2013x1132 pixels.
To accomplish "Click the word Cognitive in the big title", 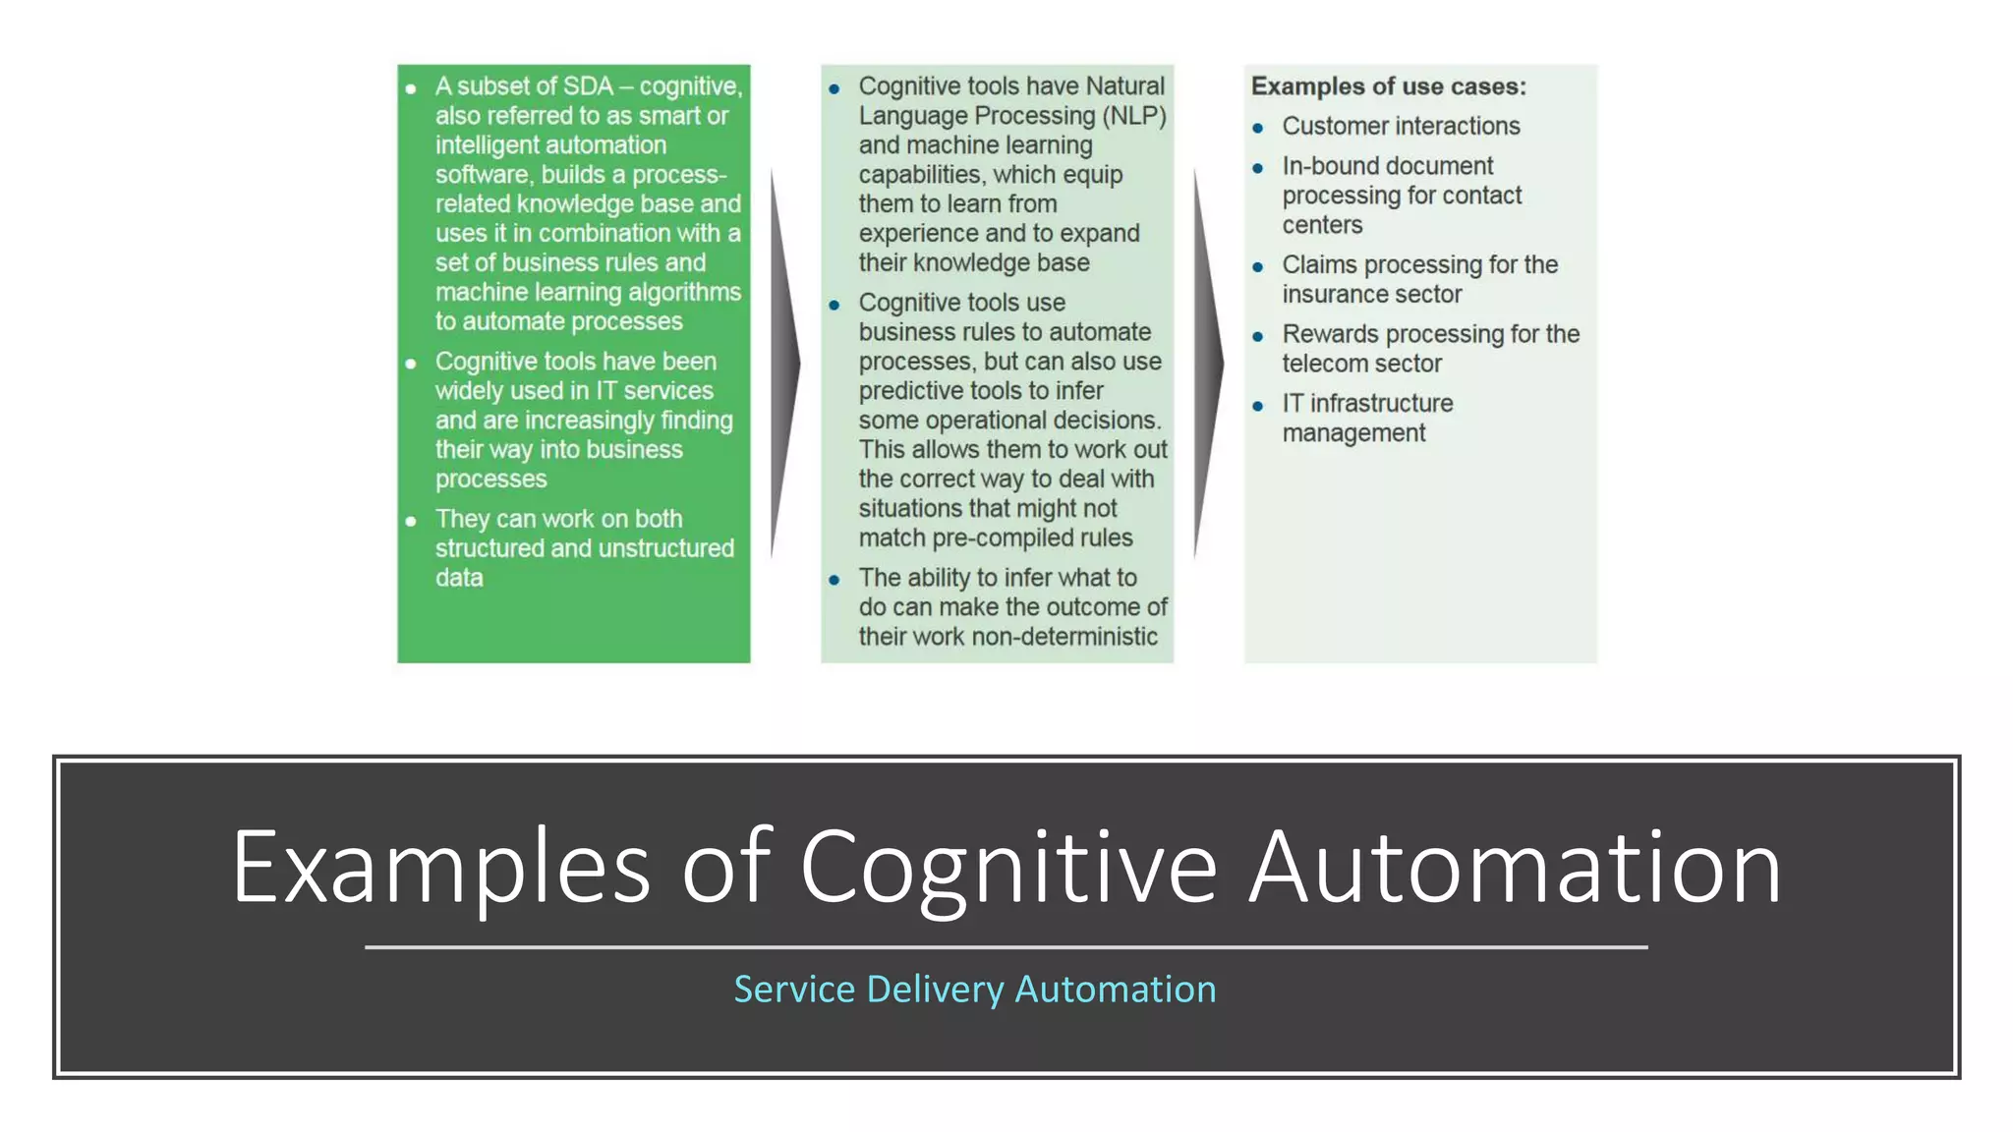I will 1008,868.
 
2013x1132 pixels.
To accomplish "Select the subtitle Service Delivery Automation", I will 975,990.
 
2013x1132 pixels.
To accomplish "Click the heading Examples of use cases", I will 1388,86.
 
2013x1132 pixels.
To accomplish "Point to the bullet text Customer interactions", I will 1401,127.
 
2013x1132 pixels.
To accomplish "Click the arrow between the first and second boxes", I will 784,364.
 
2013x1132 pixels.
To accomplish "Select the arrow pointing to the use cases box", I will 1208,364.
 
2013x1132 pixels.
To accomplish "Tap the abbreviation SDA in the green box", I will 588,86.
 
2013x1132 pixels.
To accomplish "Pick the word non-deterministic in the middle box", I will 1064,637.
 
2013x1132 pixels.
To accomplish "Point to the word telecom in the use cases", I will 1324,364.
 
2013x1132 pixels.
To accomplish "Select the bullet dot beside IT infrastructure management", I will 1257,406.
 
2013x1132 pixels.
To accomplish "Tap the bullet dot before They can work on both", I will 411,521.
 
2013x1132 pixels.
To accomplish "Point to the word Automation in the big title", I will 1515,868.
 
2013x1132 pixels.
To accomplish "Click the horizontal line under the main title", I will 1006,947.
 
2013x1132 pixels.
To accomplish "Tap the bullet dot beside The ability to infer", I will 834,580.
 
